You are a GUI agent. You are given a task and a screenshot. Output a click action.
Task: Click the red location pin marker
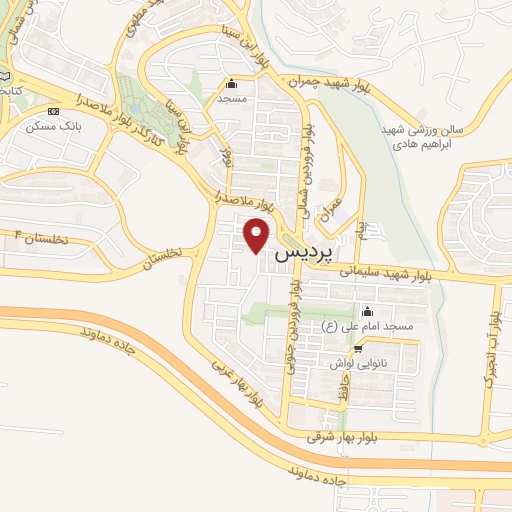tap(257, 236)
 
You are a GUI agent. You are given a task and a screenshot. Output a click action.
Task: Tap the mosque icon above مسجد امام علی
tap(365, 310)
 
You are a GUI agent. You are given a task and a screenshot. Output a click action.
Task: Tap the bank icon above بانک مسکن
tap(54, 111)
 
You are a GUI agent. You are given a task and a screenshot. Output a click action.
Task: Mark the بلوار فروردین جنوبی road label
tap(294, 326)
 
